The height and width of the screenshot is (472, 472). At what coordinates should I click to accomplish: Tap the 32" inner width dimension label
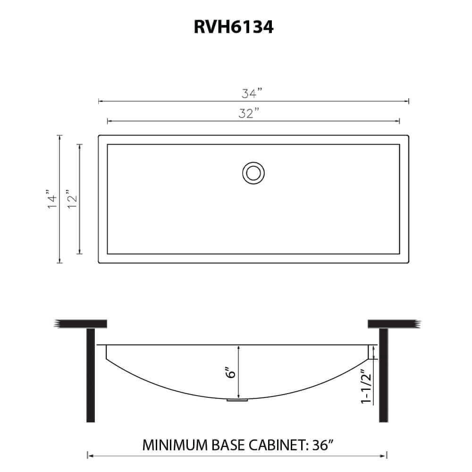[x=249, y=114]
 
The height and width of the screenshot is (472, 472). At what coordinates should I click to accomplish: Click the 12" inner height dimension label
[x=71, y=199]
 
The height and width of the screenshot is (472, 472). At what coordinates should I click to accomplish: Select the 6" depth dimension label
[x=231, y=373]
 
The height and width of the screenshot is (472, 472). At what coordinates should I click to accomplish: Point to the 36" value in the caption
[x=325, y=445]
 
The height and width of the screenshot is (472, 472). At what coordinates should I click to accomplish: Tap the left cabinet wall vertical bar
[x=91, y=375]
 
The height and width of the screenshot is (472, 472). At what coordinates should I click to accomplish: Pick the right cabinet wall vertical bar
[x=383, y=375]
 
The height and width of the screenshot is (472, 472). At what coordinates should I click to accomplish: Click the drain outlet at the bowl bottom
[x=237, y=401]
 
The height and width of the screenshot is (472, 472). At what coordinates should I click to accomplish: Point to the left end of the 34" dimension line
[x=99, y=101]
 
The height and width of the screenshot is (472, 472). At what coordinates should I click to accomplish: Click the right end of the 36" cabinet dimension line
[x=387, y=456]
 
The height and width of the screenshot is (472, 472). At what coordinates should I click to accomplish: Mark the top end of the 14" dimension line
[x=59, y=136]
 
